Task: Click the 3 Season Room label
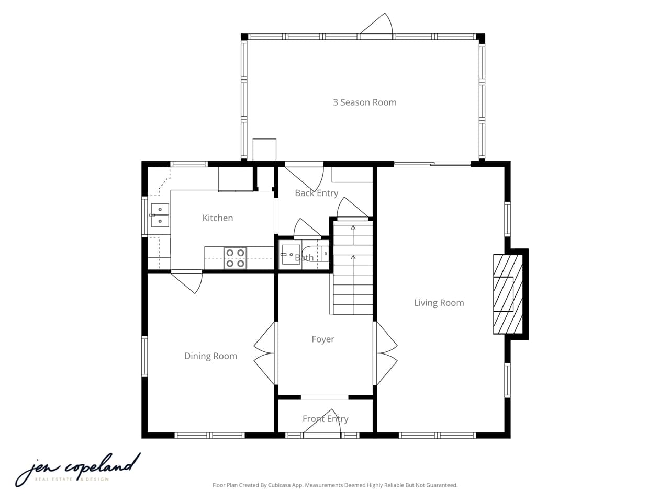(x=365, y=102)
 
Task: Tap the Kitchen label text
(x=218, y=218)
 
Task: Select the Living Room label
(x=439, y=303)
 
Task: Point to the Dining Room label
(x=210, y=356)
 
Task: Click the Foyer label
(x=322, y=339)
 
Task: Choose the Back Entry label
(x=316, y=193)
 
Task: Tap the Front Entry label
(x=325, y=418)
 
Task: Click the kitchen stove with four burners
(x=235, y=258)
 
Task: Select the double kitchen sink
(x=160, y=215)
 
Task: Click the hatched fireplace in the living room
(x=508, y=294)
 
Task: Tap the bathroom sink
(x=290, y=255)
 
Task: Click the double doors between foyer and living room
(x=385, y=353)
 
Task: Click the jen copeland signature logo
(x=77, y=469)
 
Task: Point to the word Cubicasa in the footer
(x=280, y=485)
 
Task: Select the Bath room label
(x=304, y=257)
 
